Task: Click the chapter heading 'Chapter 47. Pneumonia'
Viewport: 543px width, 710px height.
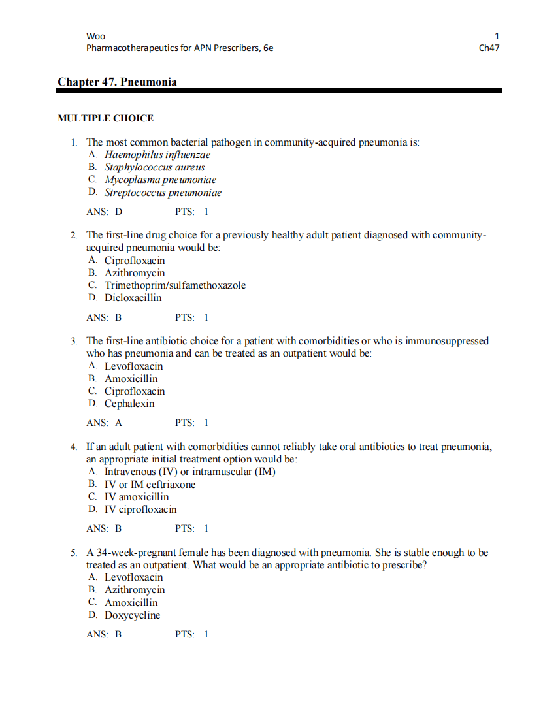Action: point(117,82)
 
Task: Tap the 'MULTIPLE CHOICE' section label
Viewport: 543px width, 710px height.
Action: point(106,118)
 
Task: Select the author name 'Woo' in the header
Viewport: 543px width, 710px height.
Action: point(95,36)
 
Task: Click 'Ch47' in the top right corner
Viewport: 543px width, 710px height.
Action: point(489,48)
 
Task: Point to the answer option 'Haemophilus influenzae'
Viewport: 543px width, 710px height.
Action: point(157,155)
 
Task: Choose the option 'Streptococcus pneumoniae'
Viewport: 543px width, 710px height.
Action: point(163,193)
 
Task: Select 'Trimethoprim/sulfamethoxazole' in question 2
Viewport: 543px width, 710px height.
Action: point(175,285)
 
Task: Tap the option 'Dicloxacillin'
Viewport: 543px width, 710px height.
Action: point(133,298)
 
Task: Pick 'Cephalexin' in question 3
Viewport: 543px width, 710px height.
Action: point(129,404)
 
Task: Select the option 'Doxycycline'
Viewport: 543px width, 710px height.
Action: point(132,615)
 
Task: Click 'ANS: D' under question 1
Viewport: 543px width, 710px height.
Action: point(104,212)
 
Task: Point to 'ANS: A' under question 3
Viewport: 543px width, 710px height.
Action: point(104,423)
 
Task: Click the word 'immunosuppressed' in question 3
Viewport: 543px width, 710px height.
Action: point(447,341)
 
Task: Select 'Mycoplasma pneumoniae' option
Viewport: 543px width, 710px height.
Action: point(160,180)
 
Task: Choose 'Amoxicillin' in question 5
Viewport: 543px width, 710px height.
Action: point(131,603)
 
